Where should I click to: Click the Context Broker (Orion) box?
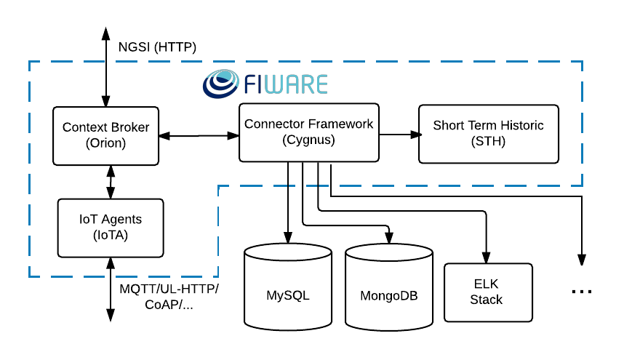click(106, 135)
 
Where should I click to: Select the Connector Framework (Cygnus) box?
click(308, 132)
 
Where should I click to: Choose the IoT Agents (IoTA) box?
click(111, 226)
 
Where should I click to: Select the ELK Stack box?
click(486, 292)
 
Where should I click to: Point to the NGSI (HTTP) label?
click(157, 48)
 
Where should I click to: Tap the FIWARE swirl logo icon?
click(220, 84)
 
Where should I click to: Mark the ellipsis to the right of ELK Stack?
click(582, 291)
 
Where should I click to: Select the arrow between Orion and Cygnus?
click(199, 135)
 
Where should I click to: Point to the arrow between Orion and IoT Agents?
click(110, 181)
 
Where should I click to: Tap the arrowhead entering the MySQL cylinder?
click(288, 238)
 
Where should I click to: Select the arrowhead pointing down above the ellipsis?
click(582, 258)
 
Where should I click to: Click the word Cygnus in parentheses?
click(308, 140)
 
